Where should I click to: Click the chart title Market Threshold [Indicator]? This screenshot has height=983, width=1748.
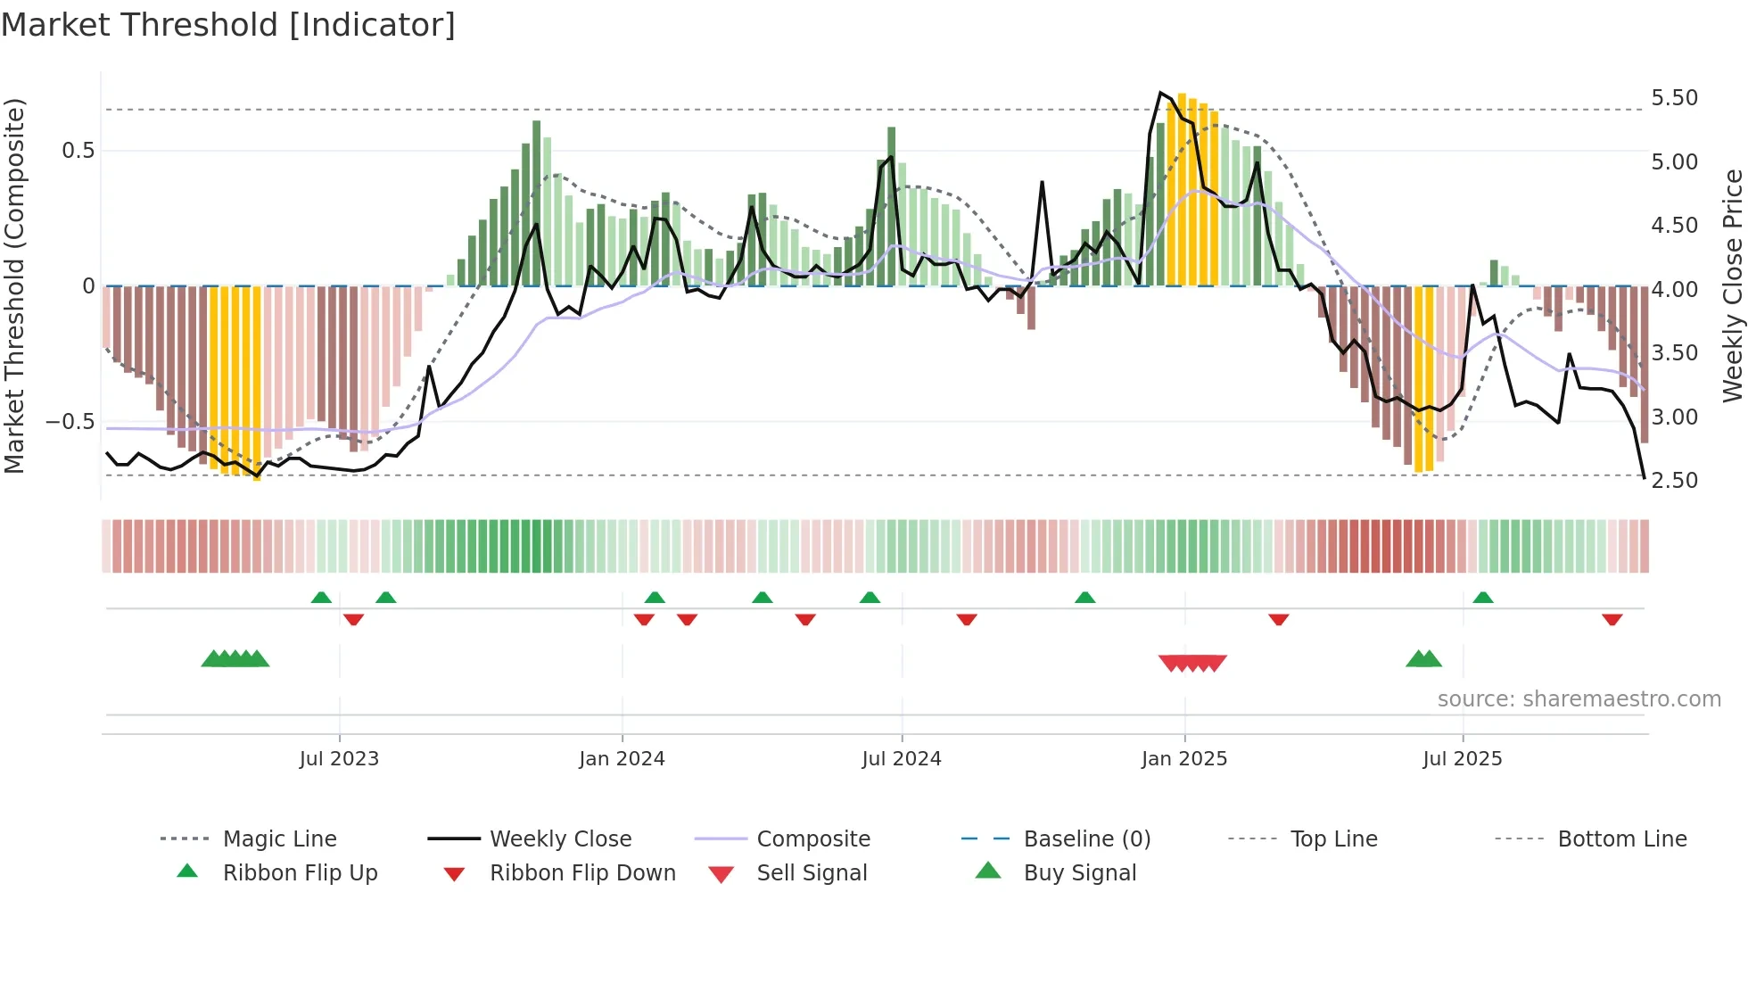[228, 25]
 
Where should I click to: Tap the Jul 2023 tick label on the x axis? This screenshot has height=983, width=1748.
[339, 759]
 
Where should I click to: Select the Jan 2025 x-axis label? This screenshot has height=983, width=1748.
[1184, 759]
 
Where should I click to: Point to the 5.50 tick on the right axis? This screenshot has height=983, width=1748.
[1674, 98]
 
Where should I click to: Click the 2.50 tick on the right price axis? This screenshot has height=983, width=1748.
[1674, 481]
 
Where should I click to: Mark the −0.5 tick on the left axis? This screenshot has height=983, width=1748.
[70, 421]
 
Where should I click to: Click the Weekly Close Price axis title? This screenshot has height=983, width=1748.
[1732, 285]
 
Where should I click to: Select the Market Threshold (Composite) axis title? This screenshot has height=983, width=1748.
[14, 285]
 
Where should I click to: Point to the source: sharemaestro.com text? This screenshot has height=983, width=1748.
[1579, 699]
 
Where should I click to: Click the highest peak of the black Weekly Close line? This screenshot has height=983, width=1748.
[1160, 93]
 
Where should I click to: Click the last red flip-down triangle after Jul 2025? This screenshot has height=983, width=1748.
[1612, 620]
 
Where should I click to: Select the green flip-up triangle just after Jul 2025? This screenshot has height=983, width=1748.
[1483, 598]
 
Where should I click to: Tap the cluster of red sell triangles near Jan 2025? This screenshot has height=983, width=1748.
[1192, 663]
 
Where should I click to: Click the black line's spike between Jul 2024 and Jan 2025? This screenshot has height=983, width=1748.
[1042, 183]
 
